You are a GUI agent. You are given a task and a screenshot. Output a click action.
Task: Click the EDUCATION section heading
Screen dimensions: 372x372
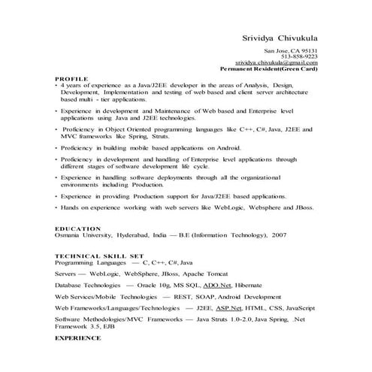pyautogui.click(x=78, y=228)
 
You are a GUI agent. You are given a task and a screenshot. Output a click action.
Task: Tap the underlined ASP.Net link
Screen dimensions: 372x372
pyautogui.click(x=230, y=307)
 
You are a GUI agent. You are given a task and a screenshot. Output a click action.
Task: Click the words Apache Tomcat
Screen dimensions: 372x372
pyautogui.click(x=205, y=274)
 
